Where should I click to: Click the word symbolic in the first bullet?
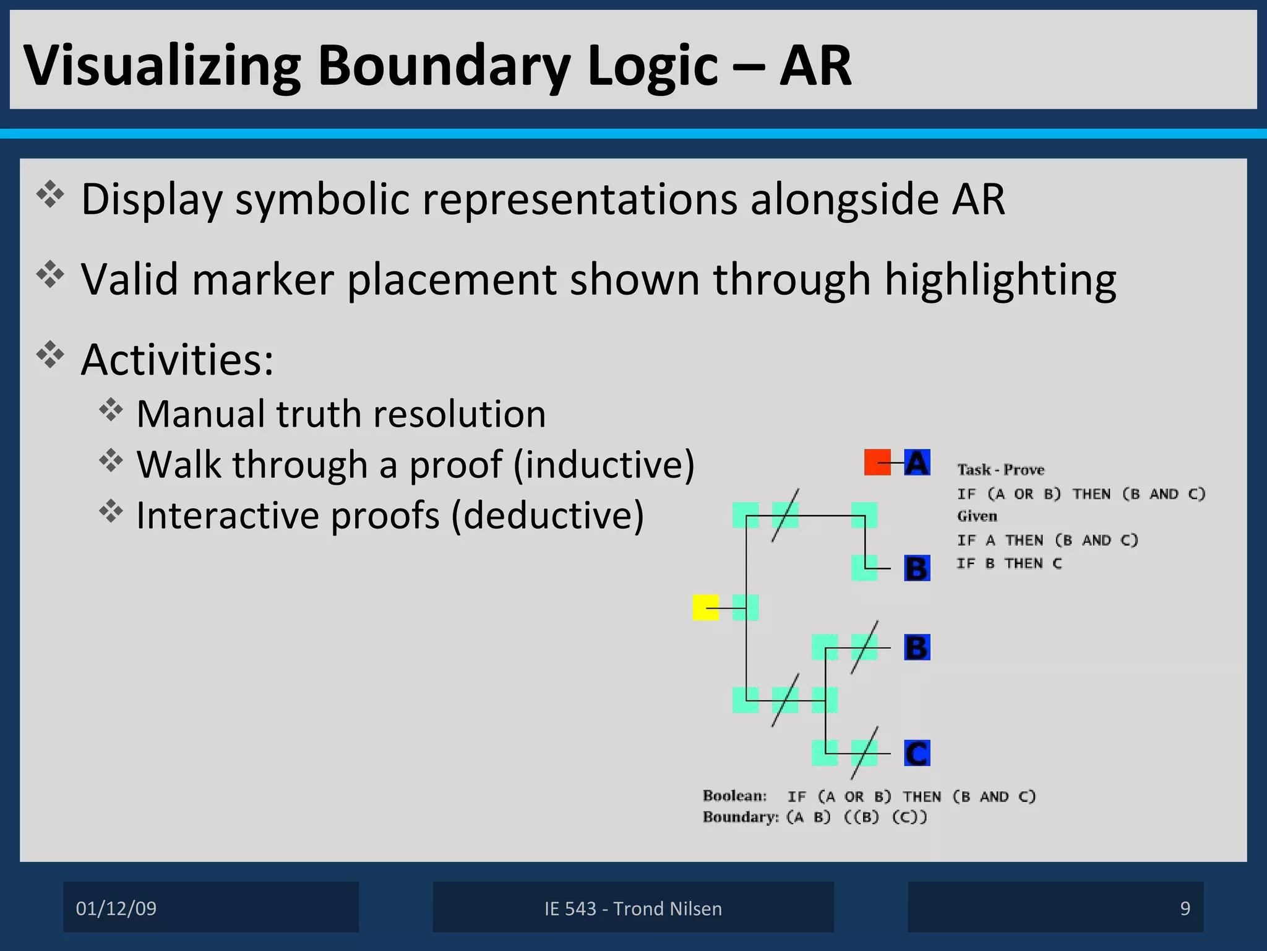tap(322, 199)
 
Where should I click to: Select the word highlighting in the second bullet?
tap(1000, 280)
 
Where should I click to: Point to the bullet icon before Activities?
tap(50, 354)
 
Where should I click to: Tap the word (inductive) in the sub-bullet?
tap(604, 464)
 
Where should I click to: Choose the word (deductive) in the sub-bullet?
tap(548, 515)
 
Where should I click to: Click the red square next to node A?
tap(877, 462)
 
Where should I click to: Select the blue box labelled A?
tap(917, 462)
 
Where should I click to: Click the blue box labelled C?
tap(917, 753)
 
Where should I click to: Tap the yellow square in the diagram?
tap(705, 607)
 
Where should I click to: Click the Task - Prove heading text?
tap(1000, 470)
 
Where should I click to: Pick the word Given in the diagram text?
tap(977, 516)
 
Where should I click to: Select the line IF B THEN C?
tap(1009, 563)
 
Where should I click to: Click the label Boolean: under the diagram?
tap(734, 796)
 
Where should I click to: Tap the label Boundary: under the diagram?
tap(741, 817)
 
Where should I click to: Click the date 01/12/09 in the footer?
tap(116, 908)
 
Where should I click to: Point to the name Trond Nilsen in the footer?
tap(668, 908)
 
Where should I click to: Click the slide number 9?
tap(1185, 908)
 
